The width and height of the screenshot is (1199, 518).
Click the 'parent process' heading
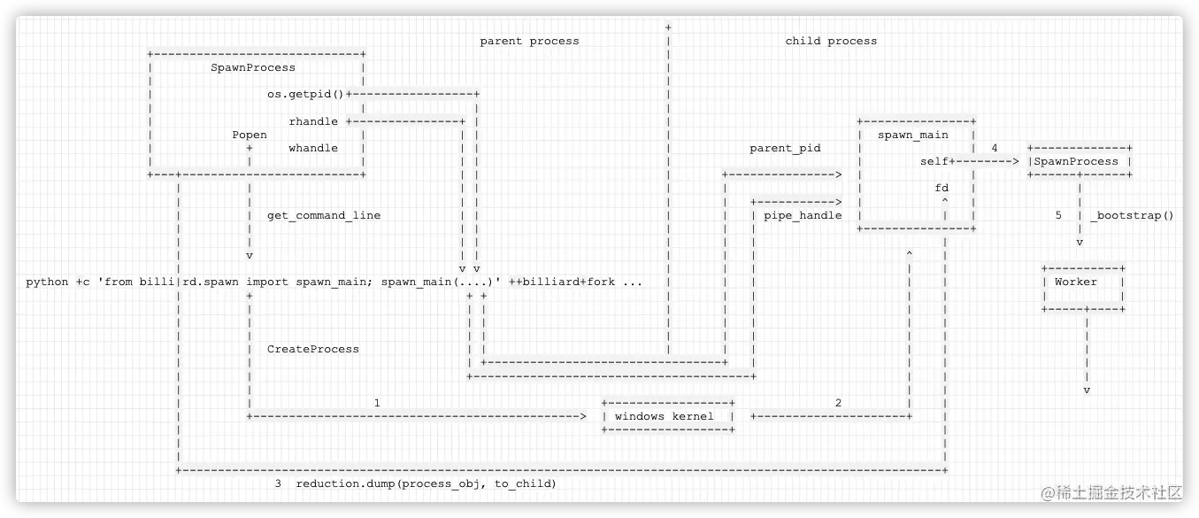point(529,41)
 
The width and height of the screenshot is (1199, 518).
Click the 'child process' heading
point(831,41)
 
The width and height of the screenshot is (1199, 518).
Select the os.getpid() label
point(305,94)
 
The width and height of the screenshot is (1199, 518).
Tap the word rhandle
point(313,121)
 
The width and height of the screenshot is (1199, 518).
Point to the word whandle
point(313,148)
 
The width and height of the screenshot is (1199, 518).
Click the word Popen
point(250,135)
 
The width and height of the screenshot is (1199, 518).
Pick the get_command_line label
point(324,215)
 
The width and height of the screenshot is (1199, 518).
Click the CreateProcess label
point(313,349)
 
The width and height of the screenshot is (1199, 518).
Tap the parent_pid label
point(785,148)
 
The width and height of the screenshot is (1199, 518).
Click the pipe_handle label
point(803,215)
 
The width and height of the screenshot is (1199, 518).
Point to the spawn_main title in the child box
point(912,135)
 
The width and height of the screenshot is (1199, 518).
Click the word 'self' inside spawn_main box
point(934,161)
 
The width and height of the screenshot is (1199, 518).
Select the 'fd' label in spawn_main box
point(942,189)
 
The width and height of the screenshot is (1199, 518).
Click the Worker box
point(1083,282)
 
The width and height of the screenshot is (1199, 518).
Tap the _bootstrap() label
point(1132,215)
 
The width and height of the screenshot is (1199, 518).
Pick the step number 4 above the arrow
point(995,148)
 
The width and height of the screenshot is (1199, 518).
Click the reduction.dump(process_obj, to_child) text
point(426,483)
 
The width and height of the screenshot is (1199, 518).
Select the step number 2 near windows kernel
point(838,403)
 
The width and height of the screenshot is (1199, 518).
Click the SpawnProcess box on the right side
point(1079,161)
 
